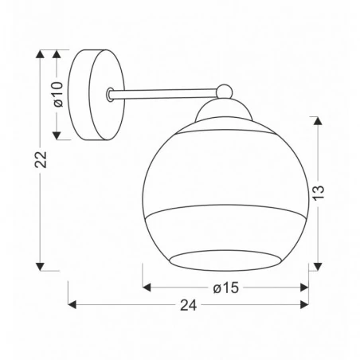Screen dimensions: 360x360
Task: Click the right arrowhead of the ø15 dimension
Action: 306,288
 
